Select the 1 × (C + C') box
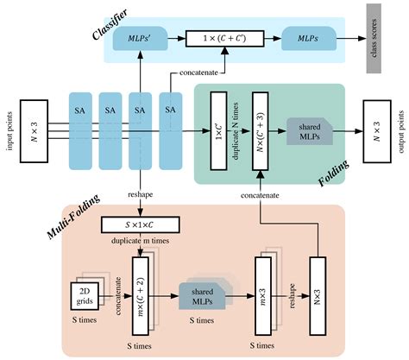[x=227, y=38]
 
